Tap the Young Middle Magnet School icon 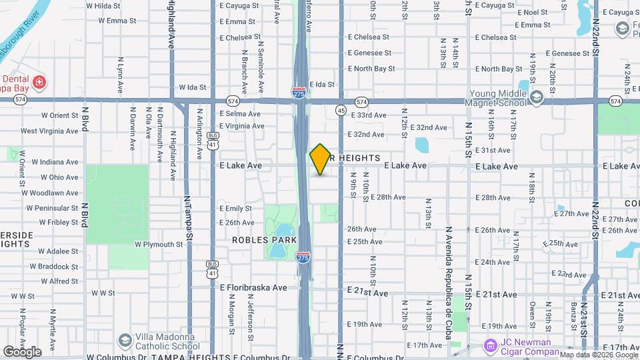pos(537,97)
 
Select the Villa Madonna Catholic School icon pos(125,341)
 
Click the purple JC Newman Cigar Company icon pos(490,346)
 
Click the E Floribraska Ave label pos(253,287)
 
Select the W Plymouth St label pos(158,245)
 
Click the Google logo pos(22,352)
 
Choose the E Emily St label pos(235,209)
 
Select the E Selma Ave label pos(240,114)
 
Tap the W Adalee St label pos(59,251)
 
